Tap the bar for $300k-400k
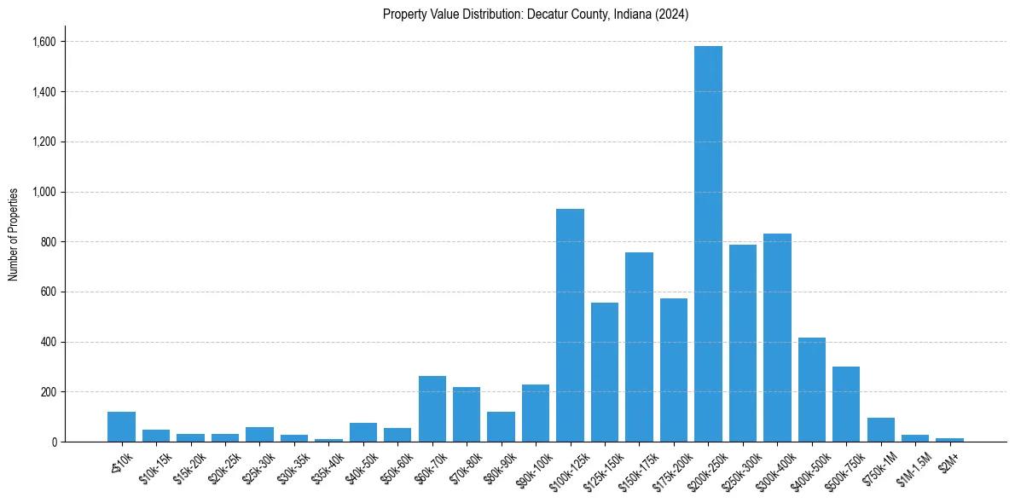[777, 338]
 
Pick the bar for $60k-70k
[432, 409]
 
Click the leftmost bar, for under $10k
[122, 426]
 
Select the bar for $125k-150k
[605, 372]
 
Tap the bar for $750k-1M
[881, 430]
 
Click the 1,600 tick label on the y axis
[43, 42]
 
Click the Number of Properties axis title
[14, 234]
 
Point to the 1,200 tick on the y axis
[43, 142]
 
